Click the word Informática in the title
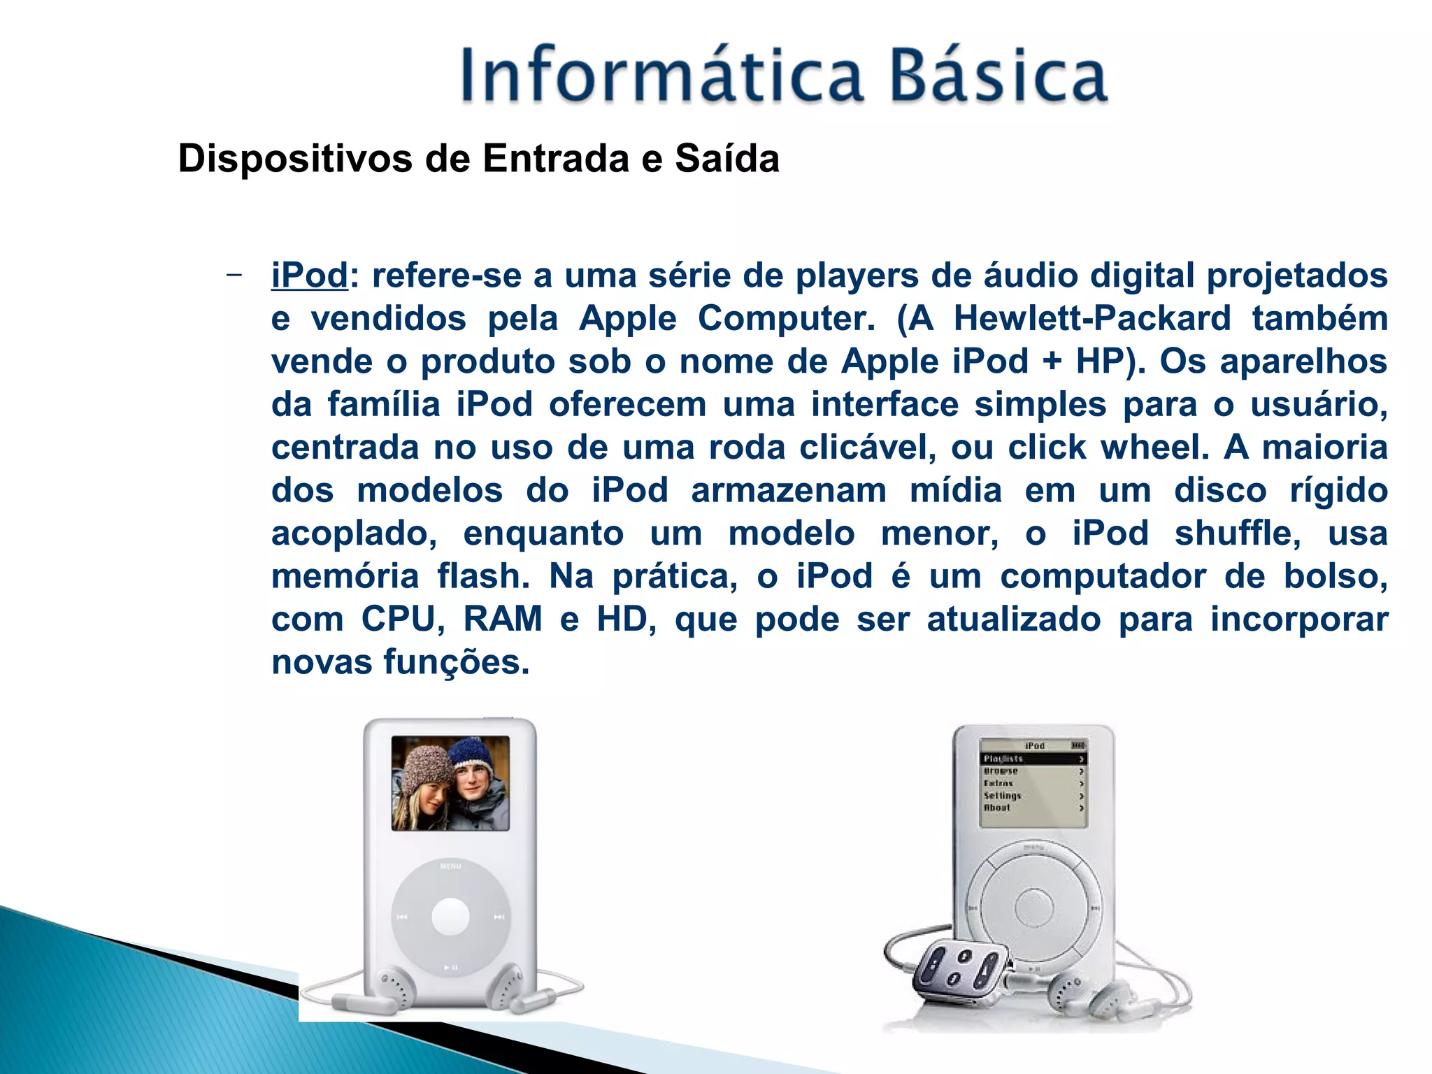[x=661, y=75]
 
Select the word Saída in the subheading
[x=726, y=158]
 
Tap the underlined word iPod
[x=309, y=275]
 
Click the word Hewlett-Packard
[x=1091, y=318]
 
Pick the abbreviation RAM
[x=503, y=620]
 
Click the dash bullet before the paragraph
[x=234, y=275]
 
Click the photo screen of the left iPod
[x=450, y=783]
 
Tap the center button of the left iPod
[x=450, y=916]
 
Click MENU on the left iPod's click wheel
[x=450, y=866]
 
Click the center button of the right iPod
[x=1033, y=908]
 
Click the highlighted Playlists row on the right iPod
[x=1033, y=759]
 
